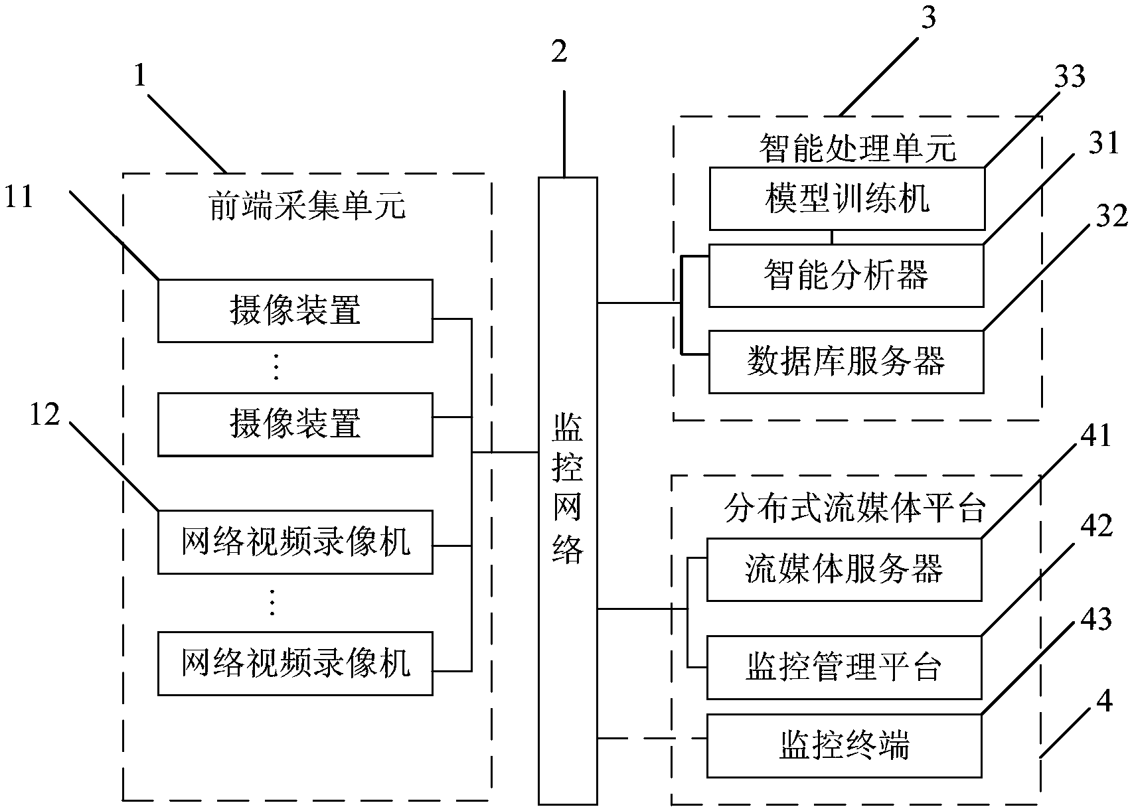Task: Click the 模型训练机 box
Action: coord(847,198)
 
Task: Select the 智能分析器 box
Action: coord(847,275)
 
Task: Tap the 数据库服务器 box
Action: coord(847,362)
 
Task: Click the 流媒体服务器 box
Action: coord(844,569)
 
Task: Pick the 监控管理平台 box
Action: coord(844,667)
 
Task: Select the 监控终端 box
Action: coord(844,745)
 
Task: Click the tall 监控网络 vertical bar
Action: coord(568,491)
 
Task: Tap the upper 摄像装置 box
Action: coord(295,311)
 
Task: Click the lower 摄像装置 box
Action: coord(295,424)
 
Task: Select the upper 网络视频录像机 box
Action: coord(295,542)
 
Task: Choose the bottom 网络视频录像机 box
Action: coord(295,663)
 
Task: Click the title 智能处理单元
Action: coord(858,148)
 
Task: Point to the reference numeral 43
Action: coord(1095,619)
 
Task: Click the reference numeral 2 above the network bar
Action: coord(560,52)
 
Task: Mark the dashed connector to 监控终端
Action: coord(651,738)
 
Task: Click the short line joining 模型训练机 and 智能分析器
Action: coord(832,237)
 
